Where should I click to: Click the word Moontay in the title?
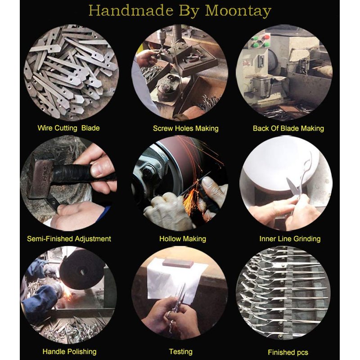tap(238, 11)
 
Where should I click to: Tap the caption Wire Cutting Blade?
tap(68, 128)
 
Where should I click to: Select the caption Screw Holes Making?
tap(185, 128)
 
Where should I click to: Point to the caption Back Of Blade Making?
tap(288, 128)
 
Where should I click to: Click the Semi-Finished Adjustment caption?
tap(69, 239)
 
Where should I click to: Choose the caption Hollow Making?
tap(183, 239)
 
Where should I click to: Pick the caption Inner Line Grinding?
tap(290, 239)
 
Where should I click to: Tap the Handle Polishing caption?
tap(69, 351)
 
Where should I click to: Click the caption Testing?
tap(181, 351)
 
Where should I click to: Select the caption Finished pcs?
tap(288, 352)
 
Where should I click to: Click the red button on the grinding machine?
tap(266, 37)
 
